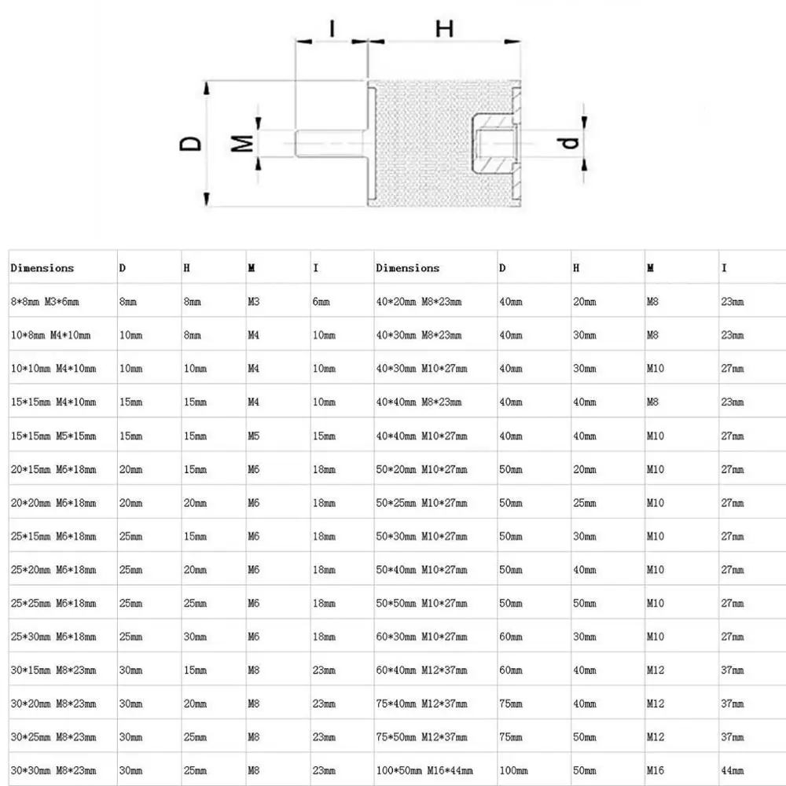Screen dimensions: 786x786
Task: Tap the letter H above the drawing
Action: click(x=445, y=28)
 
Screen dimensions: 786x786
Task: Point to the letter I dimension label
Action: click(x=332, y=28)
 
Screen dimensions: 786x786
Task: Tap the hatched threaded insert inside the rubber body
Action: click(x=491, y=143)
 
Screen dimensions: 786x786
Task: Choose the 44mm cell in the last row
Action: click(x=732, y=770)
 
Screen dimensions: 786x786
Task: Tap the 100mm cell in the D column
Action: click(x=512, y=770)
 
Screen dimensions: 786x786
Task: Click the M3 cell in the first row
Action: click(x=254, y=302)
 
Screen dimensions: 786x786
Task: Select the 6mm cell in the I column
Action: click(x=321, y=302)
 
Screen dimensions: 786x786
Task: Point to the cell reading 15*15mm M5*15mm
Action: click(x=53, y=436)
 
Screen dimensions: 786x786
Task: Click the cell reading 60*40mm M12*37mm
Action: click(x=421, y=670)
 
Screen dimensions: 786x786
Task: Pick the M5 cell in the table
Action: click(x=254, y=436)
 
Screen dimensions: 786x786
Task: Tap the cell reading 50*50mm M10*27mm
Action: click(x=421, y=604)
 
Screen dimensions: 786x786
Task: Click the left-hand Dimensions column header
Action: click(x=42, y=268)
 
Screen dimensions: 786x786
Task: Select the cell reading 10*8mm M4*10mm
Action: click(x=50, y=336)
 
